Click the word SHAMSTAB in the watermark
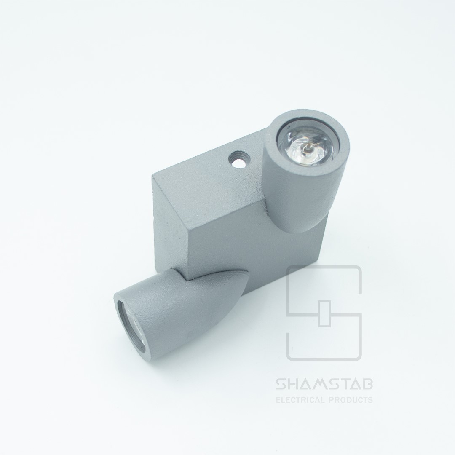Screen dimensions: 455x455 coord(324,385)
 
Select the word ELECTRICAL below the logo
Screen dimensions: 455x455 coord(301,400)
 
